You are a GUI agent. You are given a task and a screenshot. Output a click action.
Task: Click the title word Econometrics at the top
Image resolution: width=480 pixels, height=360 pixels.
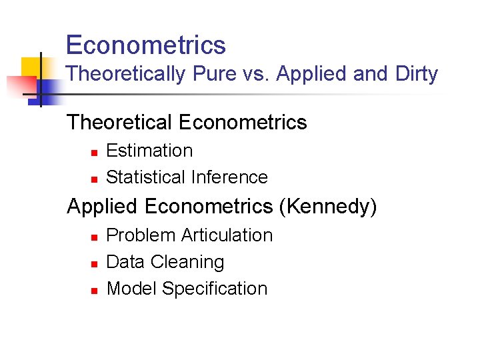[x=146, y=45]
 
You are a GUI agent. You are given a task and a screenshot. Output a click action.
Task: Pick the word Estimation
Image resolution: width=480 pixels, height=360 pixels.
[x=149, y=151]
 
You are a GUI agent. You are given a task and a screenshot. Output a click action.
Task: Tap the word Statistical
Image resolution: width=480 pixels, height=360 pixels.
[x=146, y=177]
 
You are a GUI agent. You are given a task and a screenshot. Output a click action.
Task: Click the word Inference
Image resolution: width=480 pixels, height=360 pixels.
[x=229, y=177]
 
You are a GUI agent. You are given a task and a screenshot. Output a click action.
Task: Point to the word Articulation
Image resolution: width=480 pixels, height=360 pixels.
[x=227, y=235]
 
